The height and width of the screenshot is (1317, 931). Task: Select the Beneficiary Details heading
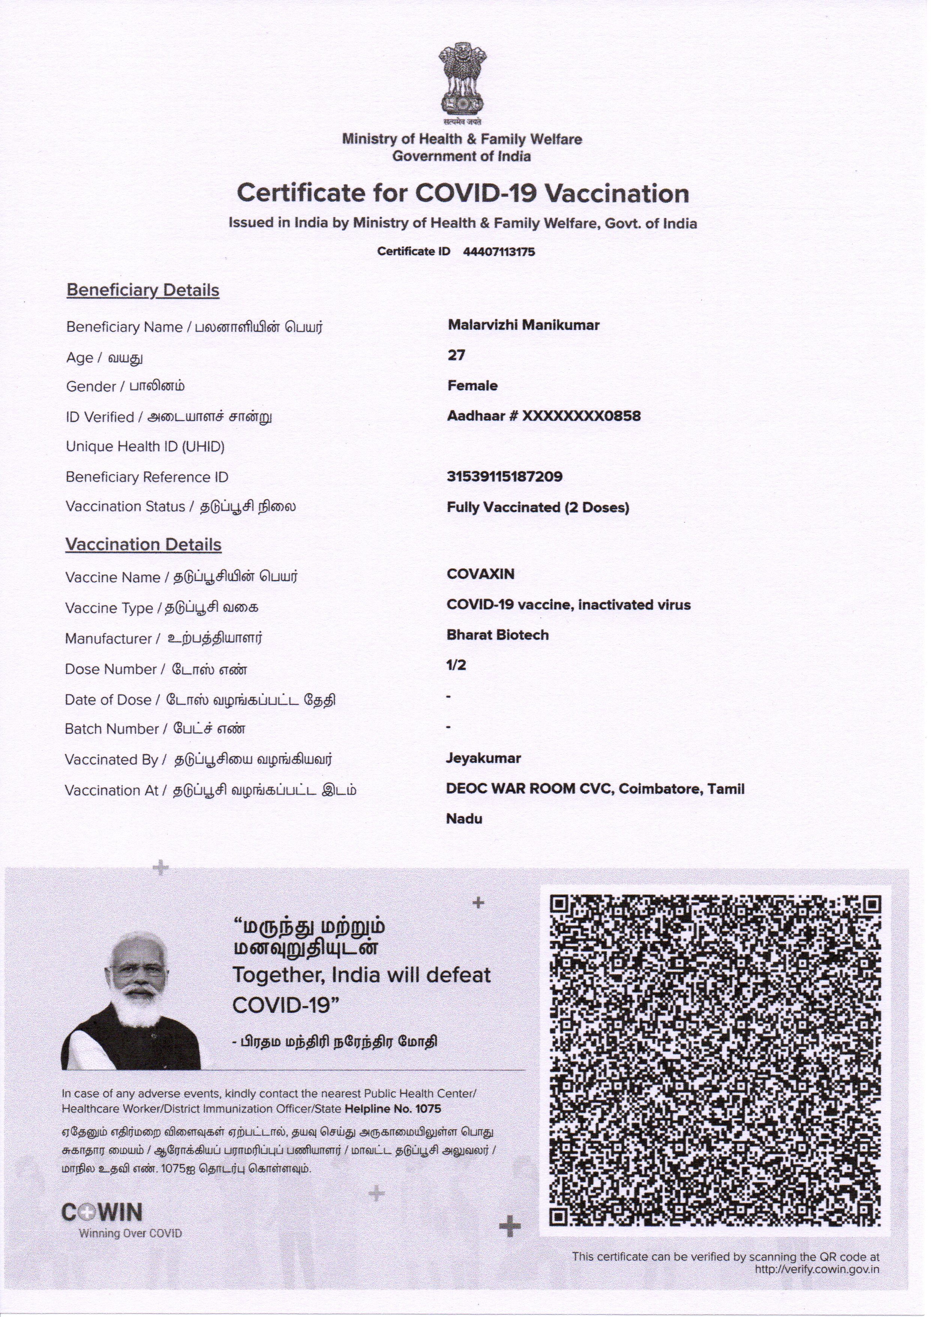click(x=143, y=290)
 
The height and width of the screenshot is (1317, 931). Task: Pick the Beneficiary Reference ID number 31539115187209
click(x=504, y=477)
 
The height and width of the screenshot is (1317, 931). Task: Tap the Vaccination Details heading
click(x=143, y=545)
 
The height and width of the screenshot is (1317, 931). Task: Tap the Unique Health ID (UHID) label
click(x=145, y=447)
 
